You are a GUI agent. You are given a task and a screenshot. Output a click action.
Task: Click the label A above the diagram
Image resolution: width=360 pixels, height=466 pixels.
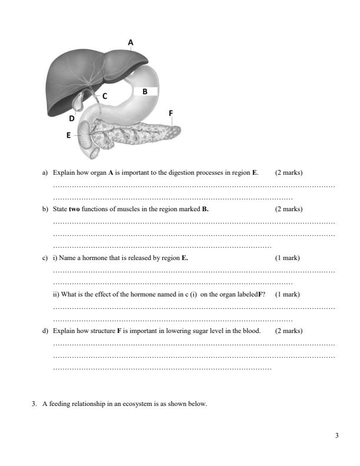[x=131, y=42]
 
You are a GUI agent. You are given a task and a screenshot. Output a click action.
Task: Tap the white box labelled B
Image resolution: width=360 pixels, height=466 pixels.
[x=145, y=91]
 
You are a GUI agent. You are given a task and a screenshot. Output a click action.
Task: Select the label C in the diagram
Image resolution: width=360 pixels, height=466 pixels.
[x=105, y=95]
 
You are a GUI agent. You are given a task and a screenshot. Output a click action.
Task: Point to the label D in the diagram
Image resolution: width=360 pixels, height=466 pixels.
[x=72, y=118]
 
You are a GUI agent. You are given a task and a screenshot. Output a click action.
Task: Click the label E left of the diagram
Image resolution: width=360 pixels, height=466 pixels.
[x=68, y=135]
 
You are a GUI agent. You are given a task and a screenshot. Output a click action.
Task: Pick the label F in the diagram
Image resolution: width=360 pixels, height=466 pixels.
[x=171, y=112]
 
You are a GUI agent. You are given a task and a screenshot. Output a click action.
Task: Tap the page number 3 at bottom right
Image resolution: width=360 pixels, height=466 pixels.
[x=336, y=435]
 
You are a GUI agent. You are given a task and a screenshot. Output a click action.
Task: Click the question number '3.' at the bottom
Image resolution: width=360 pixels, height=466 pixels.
[x=35, y=404]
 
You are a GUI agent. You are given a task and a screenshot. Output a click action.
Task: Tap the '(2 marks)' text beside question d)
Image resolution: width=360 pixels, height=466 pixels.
[x=289, y=331]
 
